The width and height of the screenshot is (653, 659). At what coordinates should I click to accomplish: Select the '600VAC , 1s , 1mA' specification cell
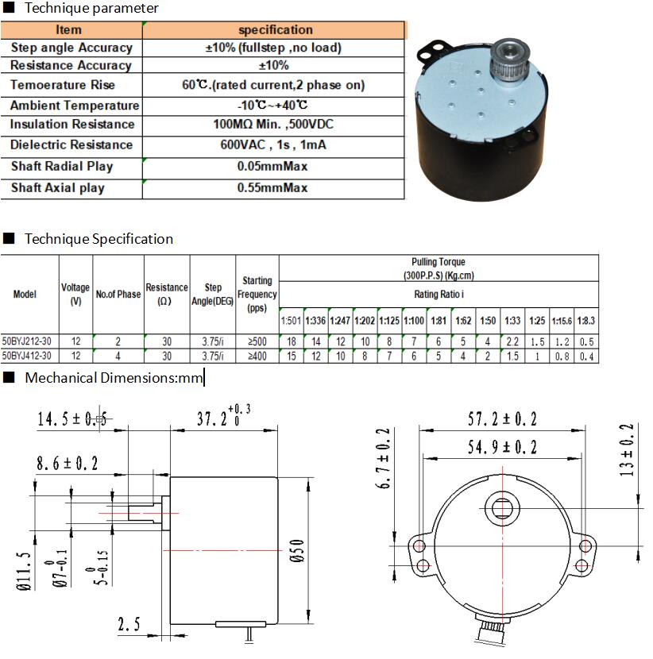click(x=273, y=145)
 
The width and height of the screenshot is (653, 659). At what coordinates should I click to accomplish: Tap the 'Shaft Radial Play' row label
click(x=62, y=167)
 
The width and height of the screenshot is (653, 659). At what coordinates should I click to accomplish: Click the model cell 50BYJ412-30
click(x=27, y=356)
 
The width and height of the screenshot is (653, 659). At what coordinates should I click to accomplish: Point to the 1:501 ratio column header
click(x=291, y=321)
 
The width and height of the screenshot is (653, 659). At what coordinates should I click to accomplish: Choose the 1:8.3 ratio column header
click(x=586, y=321)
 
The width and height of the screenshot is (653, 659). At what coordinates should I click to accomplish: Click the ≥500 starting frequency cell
click(x=257, y=341)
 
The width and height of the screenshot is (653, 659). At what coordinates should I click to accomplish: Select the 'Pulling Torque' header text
click(x=439, y=262)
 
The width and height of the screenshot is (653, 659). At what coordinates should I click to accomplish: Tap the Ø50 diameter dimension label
click(x=297, y=551)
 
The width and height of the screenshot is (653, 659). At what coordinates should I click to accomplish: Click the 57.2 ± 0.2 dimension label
click(x=503, y=419)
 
